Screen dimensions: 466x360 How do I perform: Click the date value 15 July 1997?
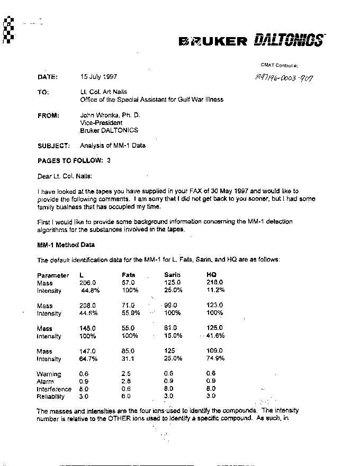[99, 76]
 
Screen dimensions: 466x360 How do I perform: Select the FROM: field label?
[48, 115]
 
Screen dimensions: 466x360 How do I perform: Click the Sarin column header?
[172, 275]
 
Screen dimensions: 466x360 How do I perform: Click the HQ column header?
[211, 275]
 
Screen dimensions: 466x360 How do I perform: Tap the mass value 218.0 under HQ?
[214, 283]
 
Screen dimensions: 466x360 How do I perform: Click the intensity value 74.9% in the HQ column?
[215, 359]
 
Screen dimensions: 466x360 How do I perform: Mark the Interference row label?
[54, 389]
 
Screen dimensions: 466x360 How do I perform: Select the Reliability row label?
[51, 397]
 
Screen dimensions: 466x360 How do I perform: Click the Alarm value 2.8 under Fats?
[126, 382]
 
